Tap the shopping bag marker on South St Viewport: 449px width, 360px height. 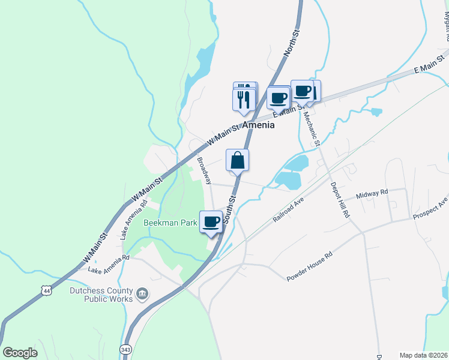[x=238, y=160]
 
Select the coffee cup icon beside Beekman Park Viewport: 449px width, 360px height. [x=211, y=222]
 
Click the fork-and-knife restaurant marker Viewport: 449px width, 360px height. [x=243, y=98]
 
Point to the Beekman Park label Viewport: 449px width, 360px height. [x=170, y=223]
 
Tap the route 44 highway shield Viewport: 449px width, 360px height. [x=47, y=290]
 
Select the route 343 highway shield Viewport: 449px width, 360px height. [x=125, y=349]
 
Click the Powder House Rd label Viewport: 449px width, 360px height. [x=309, y=267]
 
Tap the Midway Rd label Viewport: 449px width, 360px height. [x=372, y=194]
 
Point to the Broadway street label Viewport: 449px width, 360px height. [x=205, y=170]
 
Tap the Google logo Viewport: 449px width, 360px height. [x=20, y=352]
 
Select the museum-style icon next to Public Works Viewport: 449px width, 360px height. [x=142, y=293]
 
